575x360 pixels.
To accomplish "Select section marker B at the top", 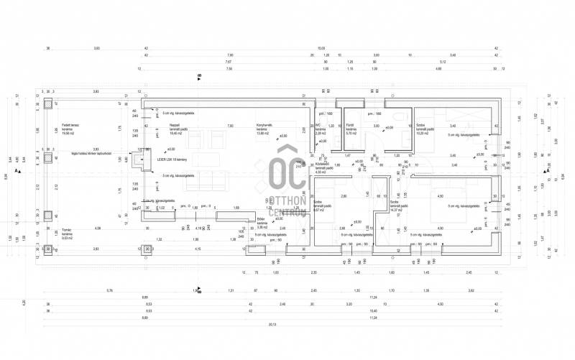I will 199,75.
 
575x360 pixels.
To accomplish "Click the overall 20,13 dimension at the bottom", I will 272,324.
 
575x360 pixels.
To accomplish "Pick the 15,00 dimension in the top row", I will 321,47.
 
